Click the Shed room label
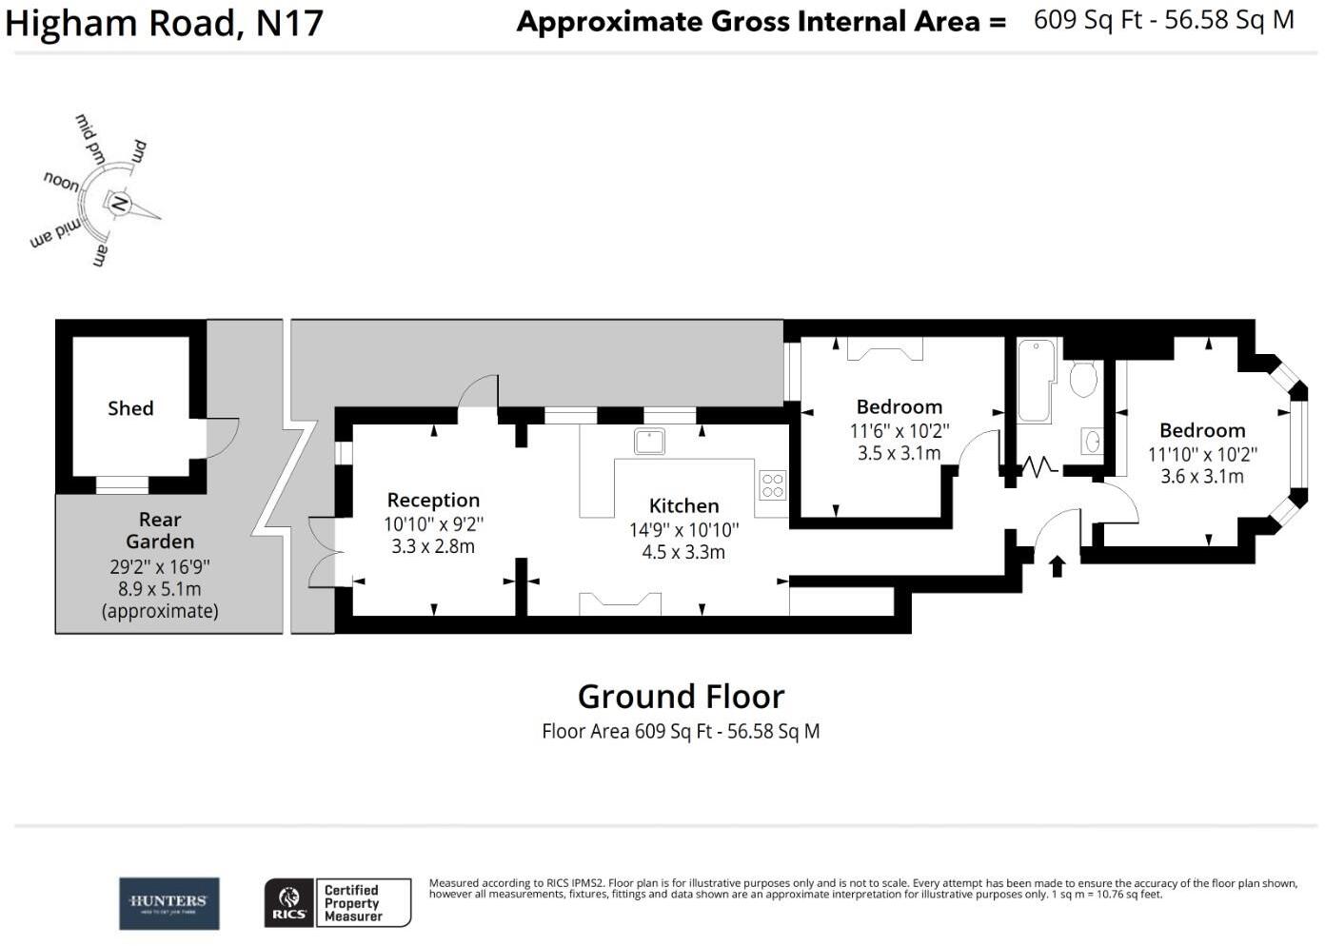(130, 408)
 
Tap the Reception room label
(433, 501)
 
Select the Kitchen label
(683, 506)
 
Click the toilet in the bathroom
(1082, 378)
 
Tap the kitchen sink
(650, 442)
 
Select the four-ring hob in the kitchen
(773, 485)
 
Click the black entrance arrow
(1057, 566)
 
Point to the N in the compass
(119, 203)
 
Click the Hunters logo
(168, 903)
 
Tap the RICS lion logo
(288, 903)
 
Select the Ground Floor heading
(681, 697)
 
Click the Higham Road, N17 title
(164, 23)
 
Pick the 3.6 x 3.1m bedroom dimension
(1202, 477)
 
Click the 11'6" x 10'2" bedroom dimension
(899, 431)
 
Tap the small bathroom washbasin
(1092, 442)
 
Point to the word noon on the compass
(62, 181)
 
